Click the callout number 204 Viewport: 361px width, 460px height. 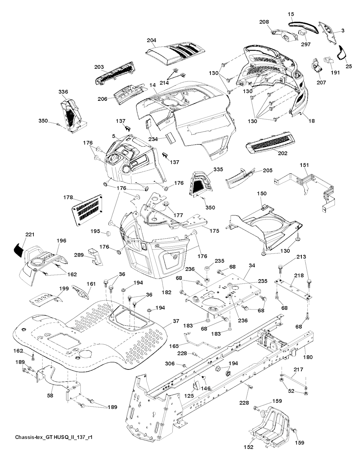(152, 41)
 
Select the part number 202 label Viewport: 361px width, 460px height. (283, 153)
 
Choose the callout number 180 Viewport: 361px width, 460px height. (308, 357)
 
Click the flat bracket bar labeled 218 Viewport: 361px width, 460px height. (293, 288)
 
